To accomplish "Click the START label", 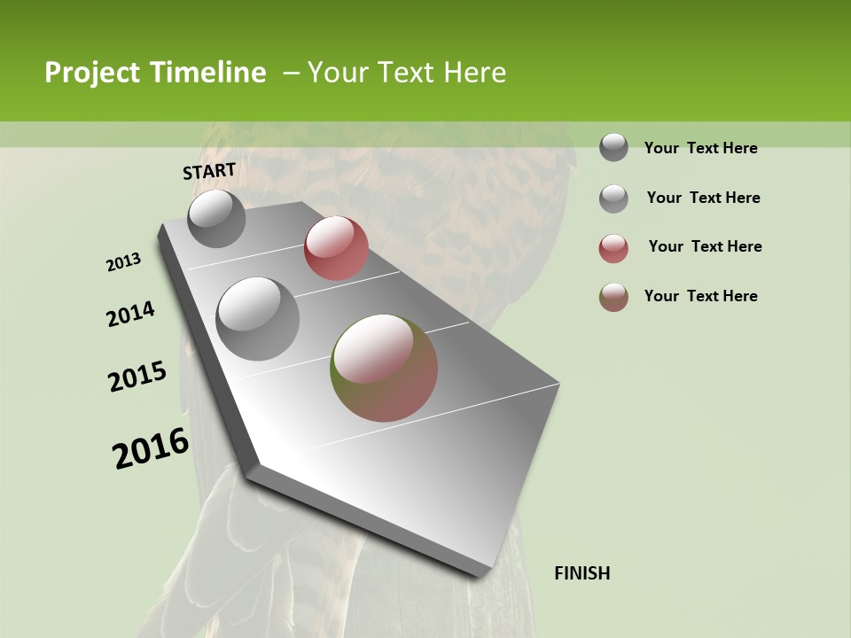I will tap(209, 171).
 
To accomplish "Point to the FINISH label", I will tap(582, 573).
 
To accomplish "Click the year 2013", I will tap(124, 262).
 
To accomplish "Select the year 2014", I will tap(131, 314).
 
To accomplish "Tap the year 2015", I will tap(137, 377).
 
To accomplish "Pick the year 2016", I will tap(151, 448).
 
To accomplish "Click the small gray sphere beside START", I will tap(216, 218).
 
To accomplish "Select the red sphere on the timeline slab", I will tap(336, 248).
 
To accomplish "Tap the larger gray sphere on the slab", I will tap(258, 319).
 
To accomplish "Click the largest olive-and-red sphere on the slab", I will tap(384, 368).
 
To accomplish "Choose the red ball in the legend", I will tap(613, 248).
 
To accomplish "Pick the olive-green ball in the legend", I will tap(613, 297).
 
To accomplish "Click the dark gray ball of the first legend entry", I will tap(613, 147).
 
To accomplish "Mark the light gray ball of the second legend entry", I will tap(613, 198).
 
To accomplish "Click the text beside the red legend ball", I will tap(705, 246).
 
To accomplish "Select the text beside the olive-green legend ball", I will tap(700, 296).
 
